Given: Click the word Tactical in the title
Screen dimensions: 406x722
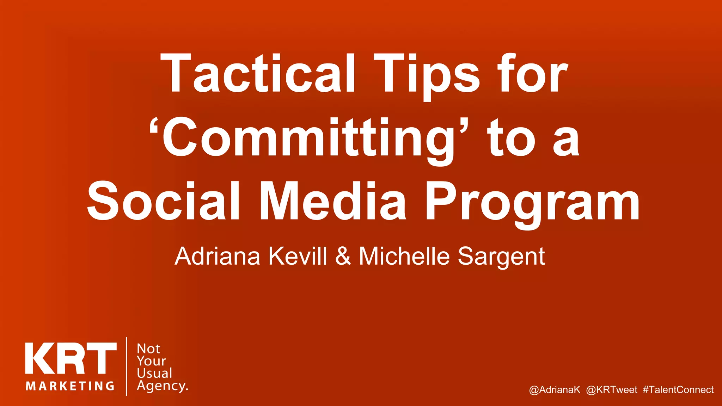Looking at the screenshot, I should click(x=258, y=74).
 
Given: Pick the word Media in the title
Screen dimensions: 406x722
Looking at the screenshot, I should click(x=333, y=201).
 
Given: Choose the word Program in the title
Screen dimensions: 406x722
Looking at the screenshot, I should click(x=532, y=203).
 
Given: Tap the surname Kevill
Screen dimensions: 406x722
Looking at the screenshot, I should click(x=298, y=256).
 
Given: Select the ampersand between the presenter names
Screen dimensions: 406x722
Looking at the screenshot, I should click(x=343, y=256).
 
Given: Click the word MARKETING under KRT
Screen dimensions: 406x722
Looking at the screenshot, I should click(x=70, y=386).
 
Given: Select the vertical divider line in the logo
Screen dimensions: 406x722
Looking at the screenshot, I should click(x=127, y=367).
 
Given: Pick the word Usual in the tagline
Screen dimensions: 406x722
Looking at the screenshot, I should click(x=154, y=373).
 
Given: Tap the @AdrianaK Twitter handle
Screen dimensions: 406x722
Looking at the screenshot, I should click(x=555, y=390).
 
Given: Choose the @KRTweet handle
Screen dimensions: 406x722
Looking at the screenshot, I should click(x=612, y=390).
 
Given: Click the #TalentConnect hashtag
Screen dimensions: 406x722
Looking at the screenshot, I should click(x=678, y=390).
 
